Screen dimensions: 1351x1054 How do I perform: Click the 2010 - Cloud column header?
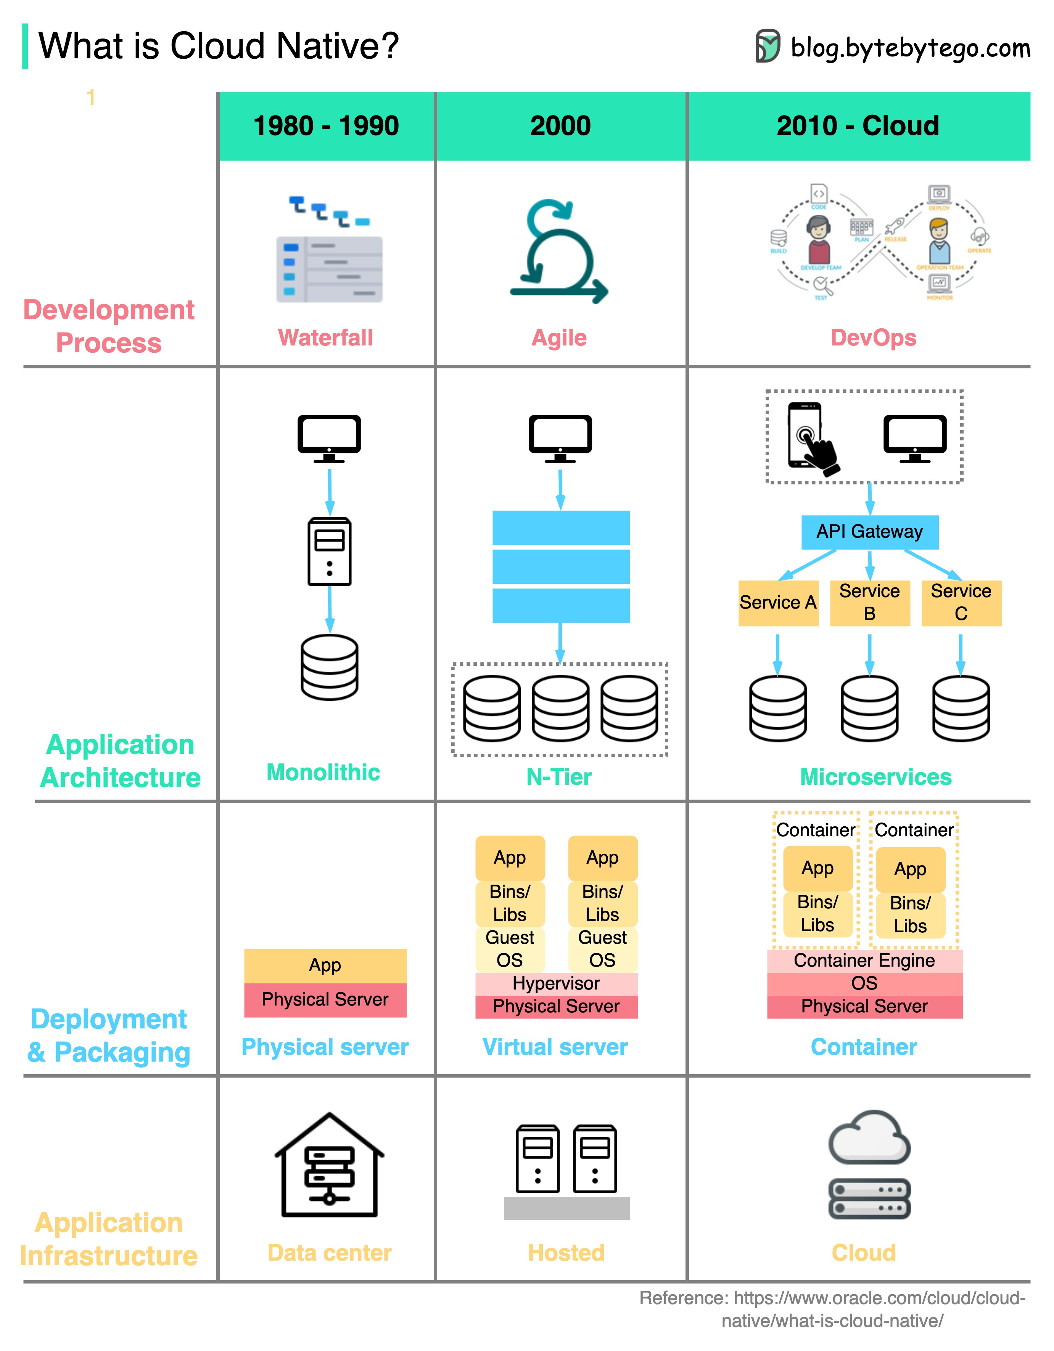[858, 126]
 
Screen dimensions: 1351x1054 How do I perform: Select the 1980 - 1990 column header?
[326, 126]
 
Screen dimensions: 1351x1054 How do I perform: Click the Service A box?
[777, 602]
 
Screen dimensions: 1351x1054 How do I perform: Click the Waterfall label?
[325, 338]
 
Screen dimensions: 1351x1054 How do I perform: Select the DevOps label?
[873, 338]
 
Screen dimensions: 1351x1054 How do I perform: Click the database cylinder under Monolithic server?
[329, 667]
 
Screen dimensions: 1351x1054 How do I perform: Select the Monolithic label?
[323, 773]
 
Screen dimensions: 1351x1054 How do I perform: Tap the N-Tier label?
[559, 777]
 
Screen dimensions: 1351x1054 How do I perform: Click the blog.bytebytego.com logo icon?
[768, 47]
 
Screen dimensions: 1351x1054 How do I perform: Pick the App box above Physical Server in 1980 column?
[325, 965]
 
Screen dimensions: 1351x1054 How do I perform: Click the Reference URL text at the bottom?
[832, 1309]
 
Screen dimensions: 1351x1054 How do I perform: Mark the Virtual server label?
[555, 1047]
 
